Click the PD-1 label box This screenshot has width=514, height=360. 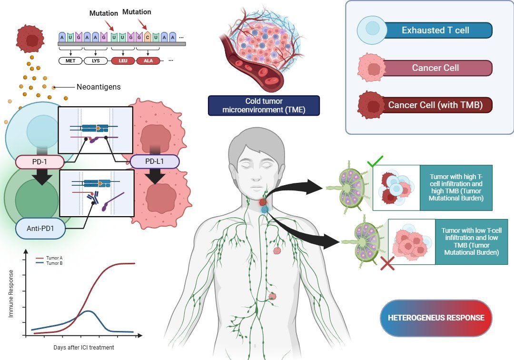tap(40, 162)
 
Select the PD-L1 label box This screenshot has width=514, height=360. tap(155, 162)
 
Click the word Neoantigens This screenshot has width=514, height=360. tap(99, 87)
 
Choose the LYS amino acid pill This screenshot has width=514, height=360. tap(96, 61)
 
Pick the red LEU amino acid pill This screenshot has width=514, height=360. tap(122, 61)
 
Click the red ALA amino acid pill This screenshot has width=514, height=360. tap(148, 61)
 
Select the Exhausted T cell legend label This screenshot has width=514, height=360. tap(435, 30)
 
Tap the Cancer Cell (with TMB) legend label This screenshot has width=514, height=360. tap(435, 105)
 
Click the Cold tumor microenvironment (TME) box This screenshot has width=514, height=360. tap(263, 105)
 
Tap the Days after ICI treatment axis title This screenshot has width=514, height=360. tap(84, 347)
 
